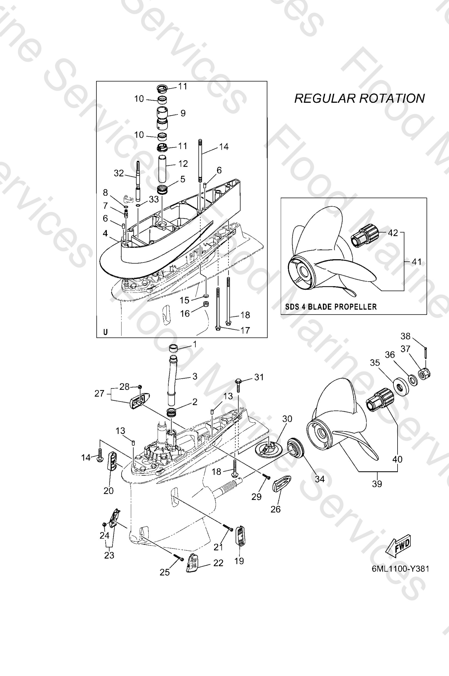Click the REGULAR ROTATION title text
tap(359, 98)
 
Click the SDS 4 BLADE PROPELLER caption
tap(331, 307)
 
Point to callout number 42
tap(393, 233)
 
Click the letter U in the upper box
tap(105, 332)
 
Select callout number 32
tap(119, 173)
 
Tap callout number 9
tap(183, 113)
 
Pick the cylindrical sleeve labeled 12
tap(162, 169)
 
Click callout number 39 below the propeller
tap(377, 484)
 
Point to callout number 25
tap(165, 572)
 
